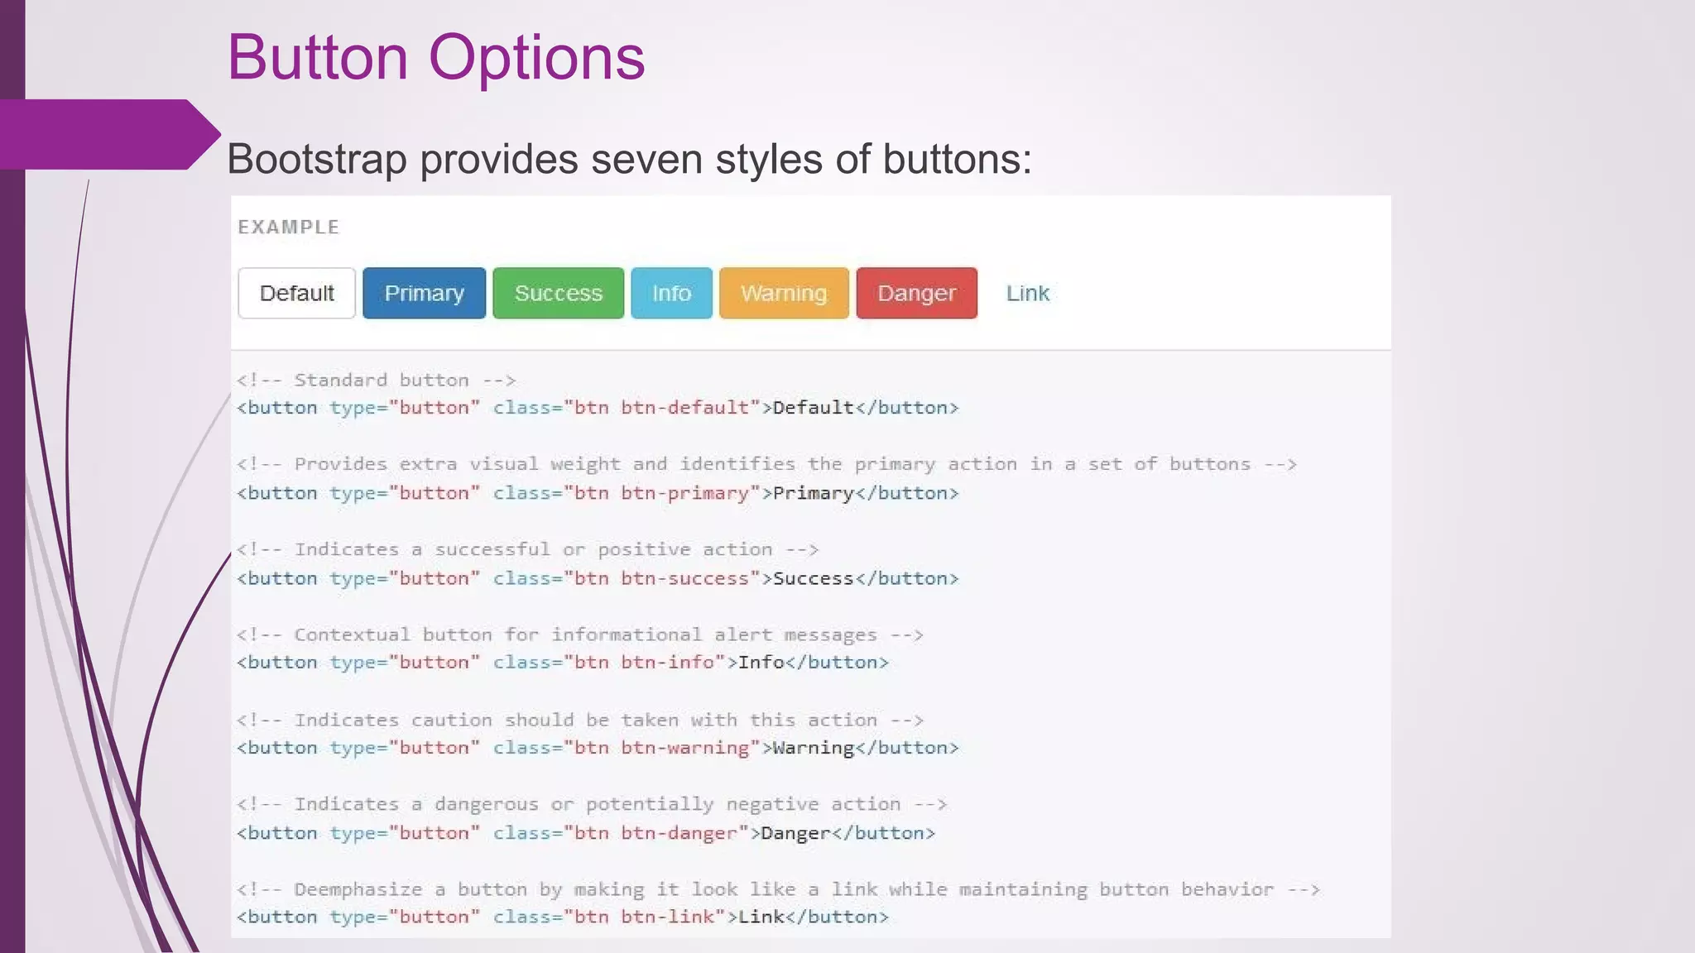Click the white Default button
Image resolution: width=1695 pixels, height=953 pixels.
pos(296,293)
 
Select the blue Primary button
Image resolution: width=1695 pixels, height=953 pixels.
pos(424,293)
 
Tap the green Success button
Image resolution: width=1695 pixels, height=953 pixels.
pos(558,293)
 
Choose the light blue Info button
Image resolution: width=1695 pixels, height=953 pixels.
pos(671,293)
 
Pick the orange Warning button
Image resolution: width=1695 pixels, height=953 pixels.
pos(784,293)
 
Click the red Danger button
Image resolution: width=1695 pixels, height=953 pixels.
pos(916,293)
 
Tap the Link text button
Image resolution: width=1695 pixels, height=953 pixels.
pos(1027,293)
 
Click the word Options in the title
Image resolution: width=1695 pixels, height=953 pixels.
pos(536,58)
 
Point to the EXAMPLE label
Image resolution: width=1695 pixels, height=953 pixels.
pos(289,227)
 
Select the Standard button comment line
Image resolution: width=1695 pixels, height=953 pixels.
pos(377,381)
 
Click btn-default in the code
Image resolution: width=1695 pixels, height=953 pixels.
pos(684,408)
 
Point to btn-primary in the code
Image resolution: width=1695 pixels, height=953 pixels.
pos(684,493)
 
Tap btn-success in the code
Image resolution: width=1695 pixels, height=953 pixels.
pos(684,578)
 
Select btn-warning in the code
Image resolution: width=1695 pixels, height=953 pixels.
pos(684,748)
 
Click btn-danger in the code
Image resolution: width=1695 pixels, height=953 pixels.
pos(679,833)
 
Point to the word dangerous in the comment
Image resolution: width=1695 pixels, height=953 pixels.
pos(487,804)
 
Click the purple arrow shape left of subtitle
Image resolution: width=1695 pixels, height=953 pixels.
pos(108,134)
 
